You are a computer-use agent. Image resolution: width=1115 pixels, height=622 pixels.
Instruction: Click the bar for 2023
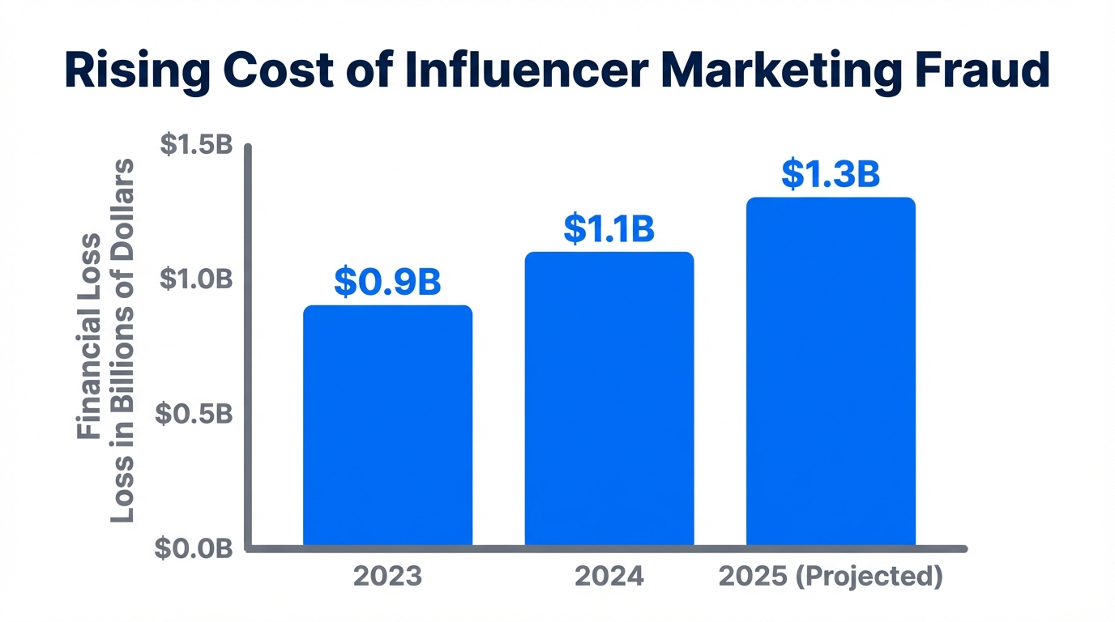pos(387,425)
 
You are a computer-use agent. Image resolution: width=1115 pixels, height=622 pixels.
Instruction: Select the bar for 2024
pos(609,398)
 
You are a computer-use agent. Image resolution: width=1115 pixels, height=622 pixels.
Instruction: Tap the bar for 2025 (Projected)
pos(831,371)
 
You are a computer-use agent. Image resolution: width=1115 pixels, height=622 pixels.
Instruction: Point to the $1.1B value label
pos(609,229)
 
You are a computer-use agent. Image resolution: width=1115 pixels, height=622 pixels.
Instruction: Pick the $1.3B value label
pos(831,175)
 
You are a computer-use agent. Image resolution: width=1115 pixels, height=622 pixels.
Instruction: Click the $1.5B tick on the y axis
pos(196,145)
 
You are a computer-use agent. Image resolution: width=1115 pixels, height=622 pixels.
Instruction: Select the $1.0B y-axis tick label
pos(196,279)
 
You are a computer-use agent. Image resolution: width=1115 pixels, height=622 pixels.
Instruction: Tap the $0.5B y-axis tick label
pos(196,414)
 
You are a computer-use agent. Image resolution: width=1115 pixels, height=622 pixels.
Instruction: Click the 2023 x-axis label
pos(387,577)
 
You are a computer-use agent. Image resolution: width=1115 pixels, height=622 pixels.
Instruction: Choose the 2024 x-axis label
pos(609,577)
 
